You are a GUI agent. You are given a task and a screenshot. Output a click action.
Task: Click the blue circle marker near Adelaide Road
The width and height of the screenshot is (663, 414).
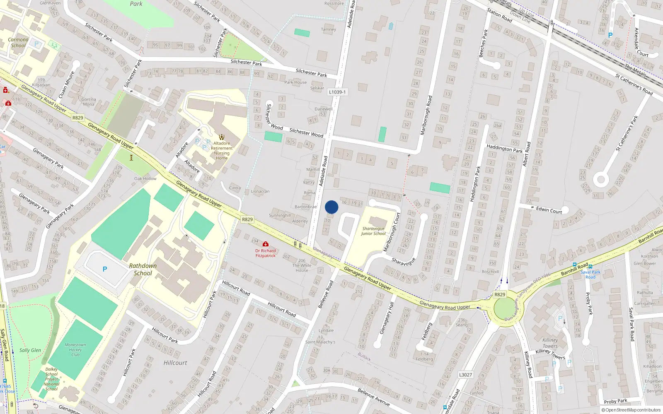coord(331,207)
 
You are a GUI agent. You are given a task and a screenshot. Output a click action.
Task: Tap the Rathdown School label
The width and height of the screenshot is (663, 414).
coord(143,270)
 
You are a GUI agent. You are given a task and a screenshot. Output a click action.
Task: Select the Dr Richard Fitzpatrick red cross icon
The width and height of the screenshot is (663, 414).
coord(266,244)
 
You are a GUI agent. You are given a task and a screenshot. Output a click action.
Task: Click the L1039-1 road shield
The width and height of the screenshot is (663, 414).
coord(337,92)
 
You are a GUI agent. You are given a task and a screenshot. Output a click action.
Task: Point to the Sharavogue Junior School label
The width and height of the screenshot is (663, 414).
coord(373,231)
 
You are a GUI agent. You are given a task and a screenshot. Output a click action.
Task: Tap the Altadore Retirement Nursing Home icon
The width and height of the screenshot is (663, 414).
coord(222,137)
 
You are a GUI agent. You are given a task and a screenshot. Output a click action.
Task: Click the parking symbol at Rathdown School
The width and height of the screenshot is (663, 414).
coord(105,270)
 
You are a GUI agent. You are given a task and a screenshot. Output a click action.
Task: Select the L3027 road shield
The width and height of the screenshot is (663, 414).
coord(465,375)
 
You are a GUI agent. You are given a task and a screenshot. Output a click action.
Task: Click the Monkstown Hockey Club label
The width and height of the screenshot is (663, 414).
coord(75,350)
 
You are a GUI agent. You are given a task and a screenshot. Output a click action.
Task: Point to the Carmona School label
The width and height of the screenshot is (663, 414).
coord(18,43)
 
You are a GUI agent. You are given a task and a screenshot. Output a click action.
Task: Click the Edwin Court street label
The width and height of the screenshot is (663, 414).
coord(549,210)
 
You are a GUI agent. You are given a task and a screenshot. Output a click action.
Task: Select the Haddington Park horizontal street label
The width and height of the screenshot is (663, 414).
coord(504,148)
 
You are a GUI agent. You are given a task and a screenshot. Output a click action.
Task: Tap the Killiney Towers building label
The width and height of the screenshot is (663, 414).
coord(550,343)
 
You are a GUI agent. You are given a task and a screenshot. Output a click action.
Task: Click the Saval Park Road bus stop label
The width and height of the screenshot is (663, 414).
coord(590,274)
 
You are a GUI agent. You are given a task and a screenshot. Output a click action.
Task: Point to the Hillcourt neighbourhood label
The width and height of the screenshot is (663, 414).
coord(175,363)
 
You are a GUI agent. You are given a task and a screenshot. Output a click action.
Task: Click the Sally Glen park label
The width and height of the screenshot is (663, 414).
coord(30,350)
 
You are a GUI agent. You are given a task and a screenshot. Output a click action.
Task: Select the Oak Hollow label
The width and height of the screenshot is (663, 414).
coord(145,179)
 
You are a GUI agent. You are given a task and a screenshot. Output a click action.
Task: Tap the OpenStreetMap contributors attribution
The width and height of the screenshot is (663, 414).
coord(631,410)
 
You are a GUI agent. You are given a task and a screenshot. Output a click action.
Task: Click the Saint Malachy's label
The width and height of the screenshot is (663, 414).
coord(320,342)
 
